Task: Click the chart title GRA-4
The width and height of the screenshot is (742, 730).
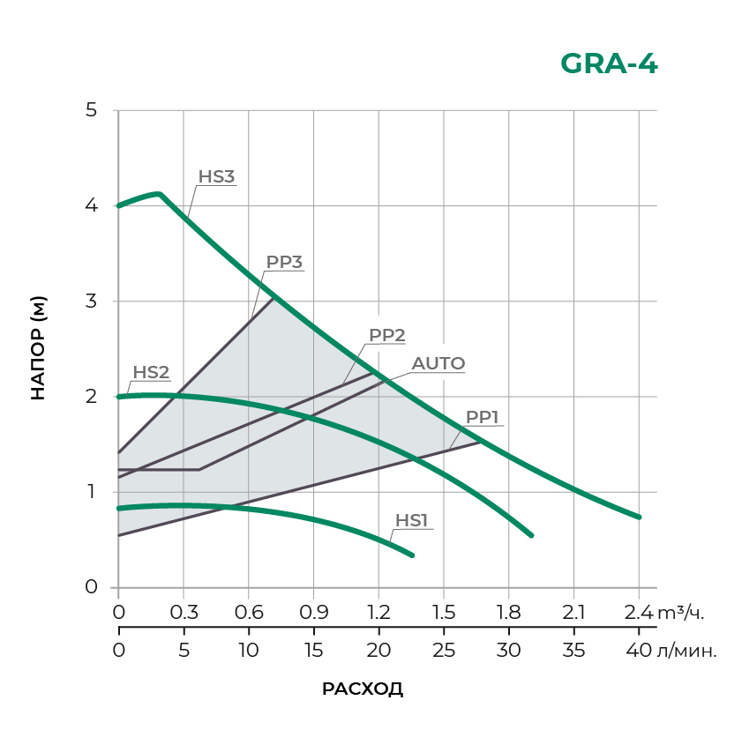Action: pos(609,64)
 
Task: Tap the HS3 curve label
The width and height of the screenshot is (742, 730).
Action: pos(216,176)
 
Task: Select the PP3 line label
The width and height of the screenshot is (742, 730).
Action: pos(284,262)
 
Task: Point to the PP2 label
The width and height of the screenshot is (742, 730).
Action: pos(386,335)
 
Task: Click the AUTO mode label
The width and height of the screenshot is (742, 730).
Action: pos(438,363)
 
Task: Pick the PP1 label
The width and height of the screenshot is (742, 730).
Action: pos(483,417)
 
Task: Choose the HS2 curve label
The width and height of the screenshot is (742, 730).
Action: pos(151,372)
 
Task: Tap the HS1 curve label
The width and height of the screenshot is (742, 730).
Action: pos(411,520)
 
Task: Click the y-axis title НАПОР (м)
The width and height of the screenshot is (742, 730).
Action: pos(38,348)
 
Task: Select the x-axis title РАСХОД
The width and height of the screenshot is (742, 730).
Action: pos(363,689)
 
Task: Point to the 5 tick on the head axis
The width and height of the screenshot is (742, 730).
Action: pos(92,110)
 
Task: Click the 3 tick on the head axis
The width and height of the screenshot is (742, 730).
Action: pos(92,301)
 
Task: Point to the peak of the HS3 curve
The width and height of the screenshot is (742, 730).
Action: pos(158,194)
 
